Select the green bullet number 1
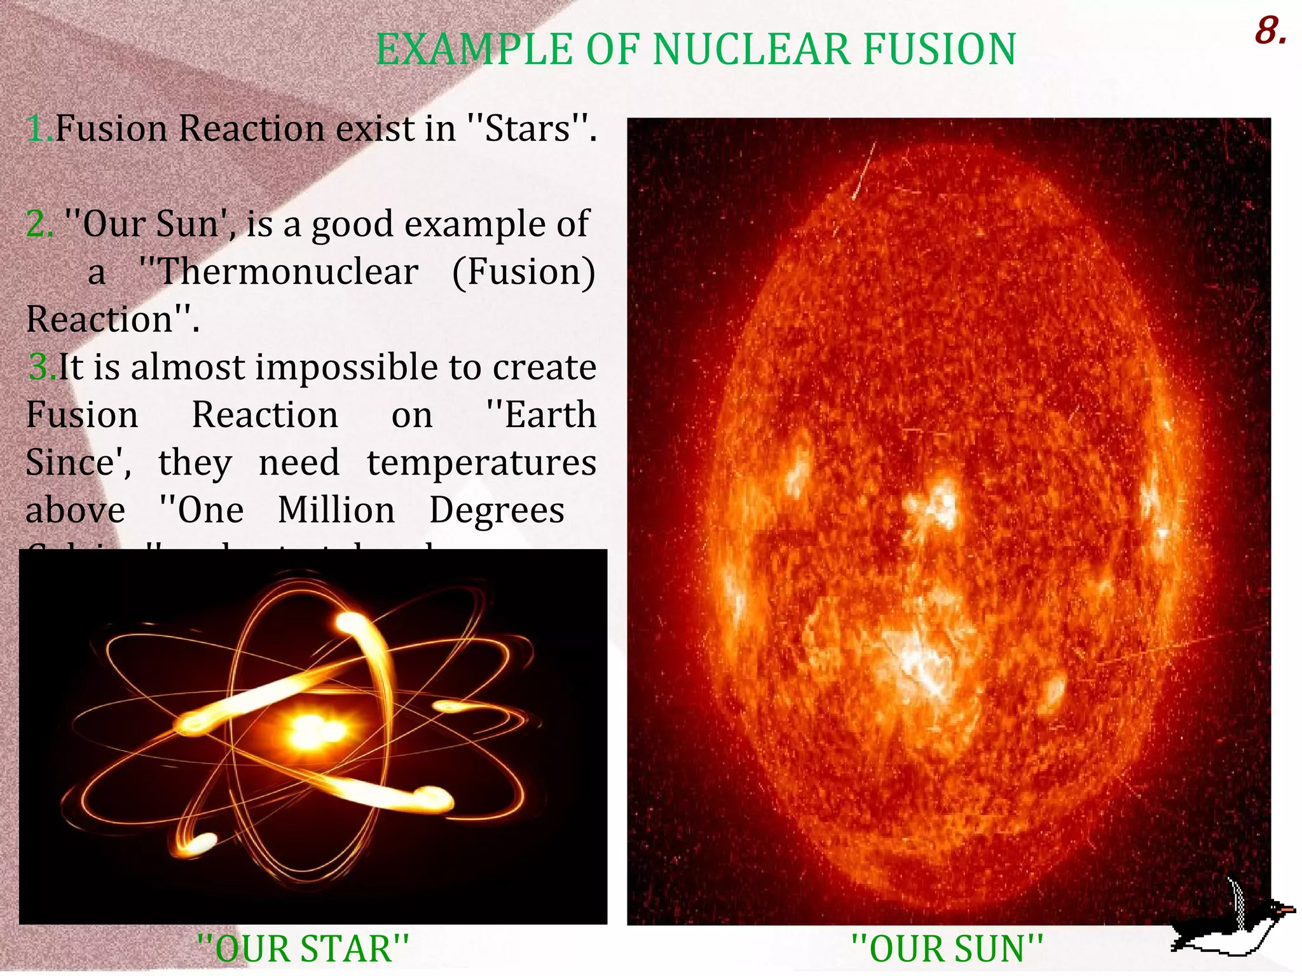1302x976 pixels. tap(37, 129)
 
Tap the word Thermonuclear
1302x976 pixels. tap(279, 272)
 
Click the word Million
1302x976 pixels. tap(336, 510)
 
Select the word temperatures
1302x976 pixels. tap(481, 463)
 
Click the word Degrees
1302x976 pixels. tap(497, 510)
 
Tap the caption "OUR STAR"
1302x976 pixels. tap(303, 949)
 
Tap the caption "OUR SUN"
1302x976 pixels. tap(947, 949)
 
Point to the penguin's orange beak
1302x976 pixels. tap(1287, 911)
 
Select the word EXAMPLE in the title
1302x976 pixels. tap(474, 50)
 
